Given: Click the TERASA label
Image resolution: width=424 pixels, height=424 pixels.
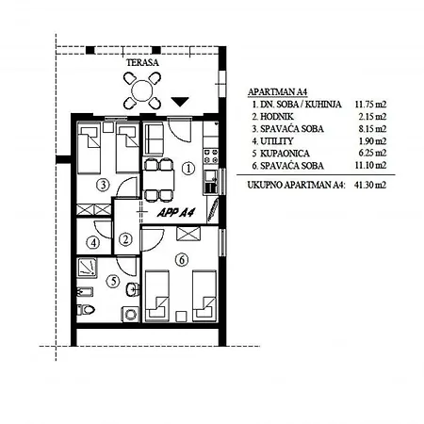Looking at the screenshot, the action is point(142,62).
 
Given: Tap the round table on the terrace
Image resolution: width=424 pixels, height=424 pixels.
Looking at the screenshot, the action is point(142,90).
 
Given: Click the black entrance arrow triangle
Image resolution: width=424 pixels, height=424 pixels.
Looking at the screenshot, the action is point(180,102).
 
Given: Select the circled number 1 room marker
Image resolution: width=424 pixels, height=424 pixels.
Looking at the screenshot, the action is point(188,169).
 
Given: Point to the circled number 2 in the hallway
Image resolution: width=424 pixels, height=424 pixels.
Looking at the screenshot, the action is point(125,239).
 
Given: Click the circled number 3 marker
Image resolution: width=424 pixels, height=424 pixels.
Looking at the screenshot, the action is point(103,185).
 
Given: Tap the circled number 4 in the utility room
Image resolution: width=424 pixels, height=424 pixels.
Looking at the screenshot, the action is point(93,242).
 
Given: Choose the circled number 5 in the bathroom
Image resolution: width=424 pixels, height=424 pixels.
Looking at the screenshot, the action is point(113,281).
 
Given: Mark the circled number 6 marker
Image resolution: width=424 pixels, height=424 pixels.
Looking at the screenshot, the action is point(182,260).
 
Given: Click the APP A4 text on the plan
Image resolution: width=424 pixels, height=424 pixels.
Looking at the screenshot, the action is point(176,213).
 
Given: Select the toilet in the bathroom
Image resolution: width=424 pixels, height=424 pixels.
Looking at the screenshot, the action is point(86,310).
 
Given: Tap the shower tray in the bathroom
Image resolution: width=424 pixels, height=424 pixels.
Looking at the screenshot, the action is point(87,268).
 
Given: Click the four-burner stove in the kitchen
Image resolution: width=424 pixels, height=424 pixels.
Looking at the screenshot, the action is point(211,156).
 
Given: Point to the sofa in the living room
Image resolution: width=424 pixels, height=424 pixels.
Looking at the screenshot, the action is point(154,139).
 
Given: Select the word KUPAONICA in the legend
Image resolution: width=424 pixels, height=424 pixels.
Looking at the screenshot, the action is point(285,154).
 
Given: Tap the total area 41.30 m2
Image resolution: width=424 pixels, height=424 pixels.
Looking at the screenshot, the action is point(370,185).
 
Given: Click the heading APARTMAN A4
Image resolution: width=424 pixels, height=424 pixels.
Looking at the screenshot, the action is point(277,92).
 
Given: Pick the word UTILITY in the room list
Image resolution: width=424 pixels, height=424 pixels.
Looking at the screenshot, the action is point(277,141).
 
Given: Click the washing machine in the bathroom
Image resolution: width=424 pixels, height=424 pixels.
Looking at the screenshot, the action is point(130,314).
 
